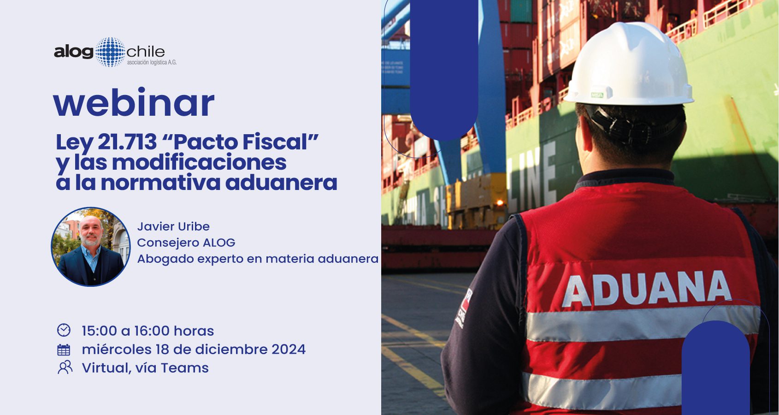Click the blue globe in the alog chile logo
[110, 52]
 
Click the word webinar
[134, 103]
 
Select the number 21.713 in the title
[127, 142]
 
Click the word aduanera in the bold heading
[281, 183]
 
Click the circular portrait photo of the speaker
[91, 247]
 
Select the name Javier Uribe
[173, 226]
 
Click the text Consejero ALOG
[186, 243]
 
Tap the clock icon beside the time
[64, 330]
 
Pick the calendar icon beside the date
[64, 350]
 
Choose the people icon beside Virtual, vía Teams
[65, 368]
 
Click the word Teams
[185, 368]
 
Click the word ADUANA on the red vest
[647, 288]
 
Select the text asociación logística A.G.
[152, 63]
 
